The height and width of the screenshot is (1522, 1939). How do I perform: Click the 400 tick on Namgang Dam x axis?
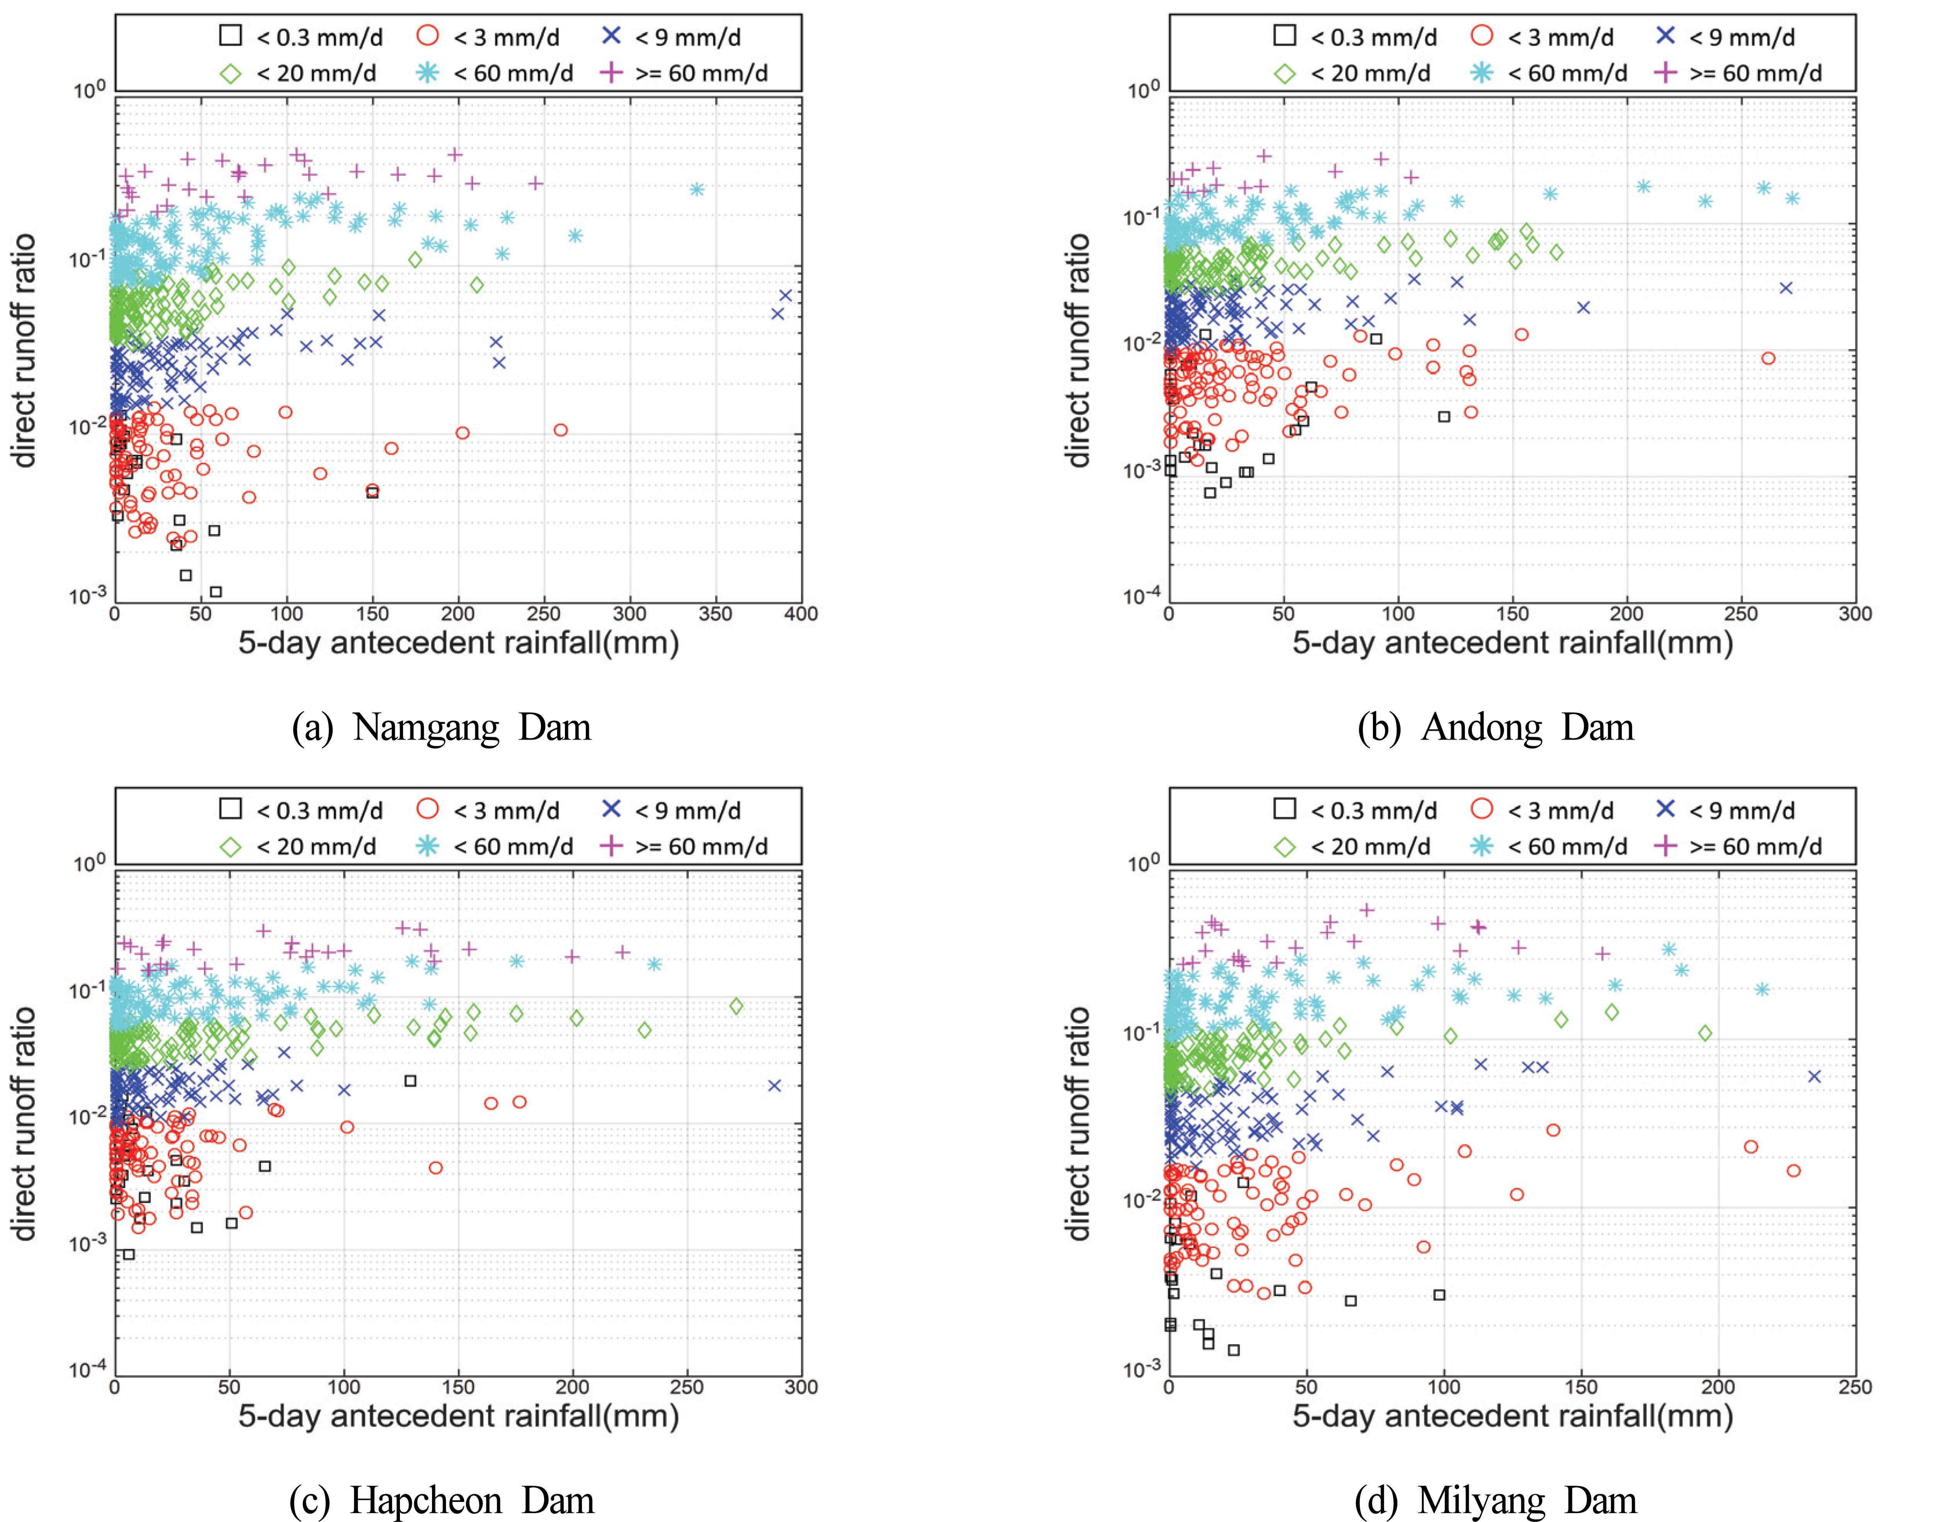pyautogui.click(x=801, y=614)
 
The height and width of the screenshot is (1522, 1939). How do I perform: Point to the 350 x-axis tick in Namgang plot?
pyautogui.click(x=715, y=614)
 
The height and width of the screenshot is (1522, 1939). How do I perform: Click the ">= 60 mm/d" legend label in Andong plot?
pyautogui.click(x=1755, y=73)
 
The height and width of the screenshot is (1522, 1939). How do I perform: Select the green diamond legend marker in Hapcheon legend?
pyautogui.click(x=231, y=847)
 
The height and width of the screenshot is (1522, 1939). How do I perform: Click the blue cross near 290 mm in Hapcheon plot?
pyautogui.click(x=775, y=1085)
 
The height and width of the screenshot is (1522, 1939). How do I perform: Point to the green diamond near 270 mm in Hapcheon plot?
pyautogui.click(x=736, y=1006)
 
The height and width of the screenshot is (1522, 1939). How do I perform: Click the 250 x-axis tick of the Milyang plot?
pyautogui.click(x=1855, y=1388)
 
